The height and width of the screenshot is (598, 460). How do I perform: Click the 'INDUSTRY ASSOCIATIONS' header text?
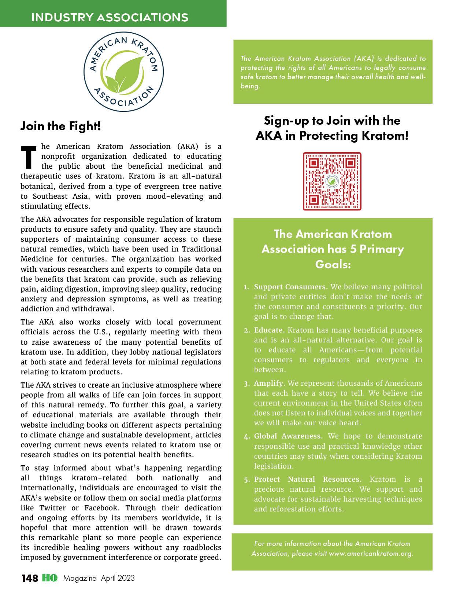click(110, 17)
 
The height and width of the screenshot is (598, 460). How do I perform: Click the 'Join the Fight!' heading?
click(60, 126)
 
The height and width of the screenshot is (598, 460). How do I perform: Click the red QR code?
click(332, 181)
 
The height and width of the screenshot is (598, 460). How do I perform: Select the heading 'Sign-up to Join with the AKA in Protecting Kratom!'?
click(332, 128)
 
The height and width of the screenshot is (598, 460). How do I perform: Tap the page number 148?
click(29, 578)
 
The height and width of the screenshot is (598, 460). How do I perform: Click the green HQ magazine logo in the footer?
click(50, 578)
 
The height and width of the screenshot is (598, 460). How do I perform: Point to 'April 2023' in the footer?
click(118, 578)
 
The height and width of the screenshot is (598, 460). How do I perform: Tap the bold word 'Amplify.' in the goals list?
click(269, 383)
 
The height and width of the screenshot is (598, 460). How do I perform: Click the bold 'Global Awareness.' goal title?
click(288, 436)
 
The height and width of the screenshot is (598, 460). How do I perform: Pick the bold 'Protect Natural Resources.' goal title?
click(308, 479)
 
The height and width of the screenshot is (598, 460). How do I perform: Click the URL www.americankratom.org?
click(371, 553)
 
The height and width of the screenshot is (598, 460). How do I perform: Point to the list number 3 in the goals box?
click(246, 384)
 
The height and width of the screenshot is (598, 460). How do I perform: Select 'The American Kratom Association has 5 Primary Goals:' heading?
click(333, 249)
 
